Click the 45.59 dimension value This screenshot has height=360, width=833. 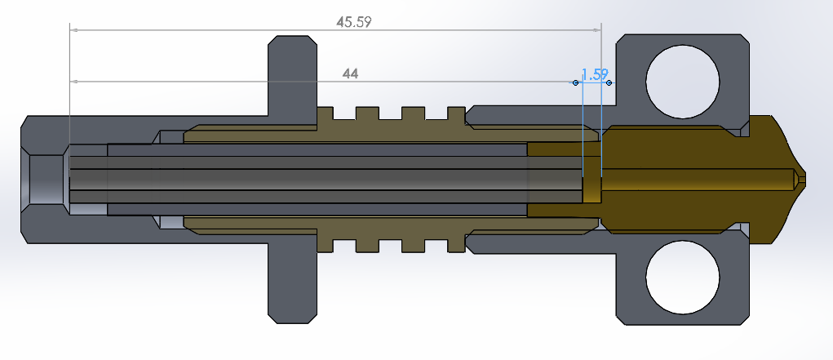353,22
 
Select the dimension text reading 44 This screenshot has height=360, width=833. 350,74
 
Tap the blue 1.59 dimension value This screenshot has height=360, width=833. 595,74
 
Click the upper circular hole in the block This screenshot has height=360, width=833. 683,82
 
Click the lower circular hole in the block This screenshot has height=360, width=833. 683,277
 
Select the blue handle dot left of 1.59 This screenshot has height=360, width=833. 575,83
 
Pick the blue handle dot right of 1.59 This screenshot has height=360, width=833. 609,83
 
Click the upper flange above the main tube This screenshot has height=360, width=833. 292,75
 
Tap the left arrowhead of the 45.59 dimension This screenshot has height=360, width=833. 74,30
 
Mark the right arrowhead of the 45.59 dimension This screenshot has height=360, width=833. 596,30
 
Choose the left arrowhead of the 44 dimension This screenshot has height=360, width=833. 74,82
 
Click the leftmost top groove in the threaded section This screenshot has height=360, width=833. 344,113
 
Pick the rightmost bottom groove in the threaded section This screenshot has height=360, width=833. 436,245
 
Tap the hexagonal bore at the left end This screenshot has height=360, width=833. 46,180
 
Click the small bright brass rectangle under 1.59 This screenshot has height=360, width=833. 592,190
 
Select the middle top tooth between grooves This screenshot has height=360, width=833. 390,113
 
